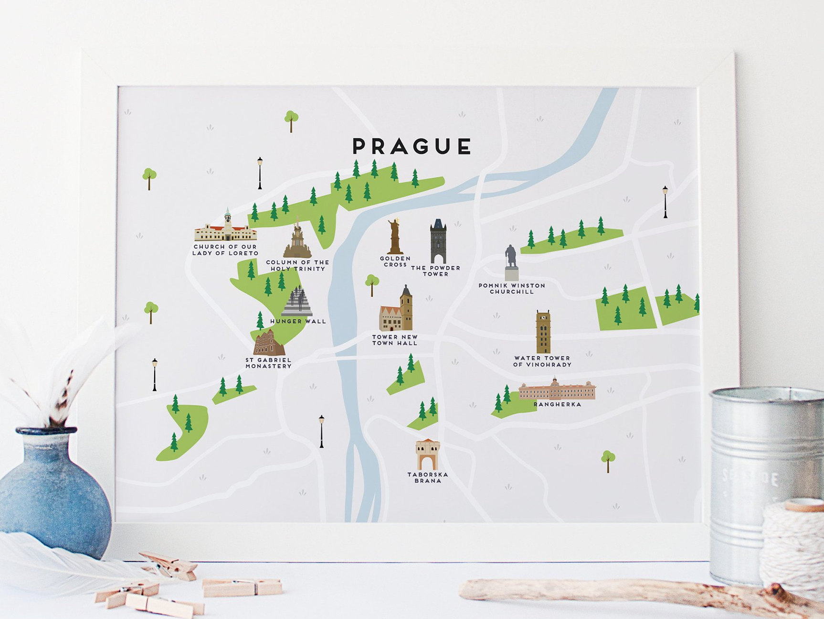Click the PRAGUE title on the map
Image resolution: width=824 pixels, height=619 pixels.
pyautogui.click(x=412, y=146)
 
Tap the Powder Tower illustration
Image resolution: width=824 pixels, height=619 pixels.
pyautogui.click(x=438, y=241)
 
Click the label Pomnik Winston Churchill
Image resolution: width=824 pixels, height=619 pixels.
pyautogui.click(x=512, y=288)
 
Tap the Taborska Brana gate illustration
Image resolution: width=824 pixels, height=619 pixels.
pyautogui.click(x=427, y=455)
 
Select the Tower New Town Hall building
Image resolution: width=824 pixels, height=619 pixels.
pyautogui.click(x=397, y=311)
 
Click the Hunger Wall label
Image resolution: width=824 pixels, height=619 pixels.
pyautogui.click(x=298, y=321)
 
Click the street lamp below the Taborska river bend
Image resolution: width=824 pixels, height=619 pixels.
pyautogui.click(x=321, y=431)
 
